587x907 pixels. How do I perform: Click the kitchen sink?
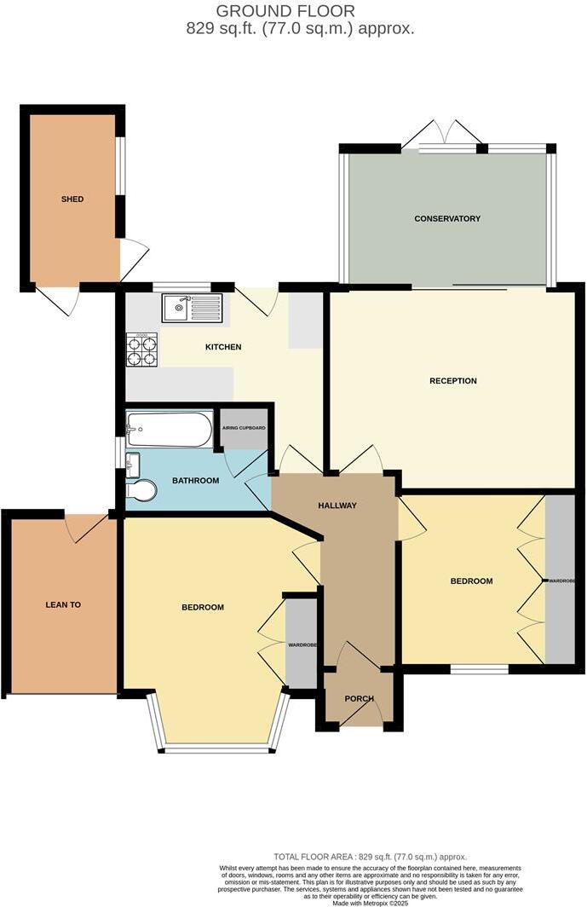coord(192,308)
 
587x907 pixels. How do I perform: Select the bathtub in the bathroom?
coord(169,429)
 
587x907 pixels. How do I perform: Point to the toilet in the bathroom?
coord(141,492)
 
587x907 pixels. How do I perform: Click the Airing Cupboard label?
coord(244,428)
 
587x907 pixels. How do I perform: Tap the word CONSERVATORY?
coord(447,219)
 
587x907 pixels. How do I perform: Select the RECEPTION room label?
coord(452,381)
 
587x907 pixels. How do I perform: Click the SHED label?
coord(72,199)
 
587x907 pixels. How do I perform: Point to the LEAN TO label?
coord(63,604)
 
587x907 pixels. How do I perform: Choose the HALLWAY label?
coord(337,505)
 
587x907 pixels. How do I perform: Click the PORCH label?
coord(359,699)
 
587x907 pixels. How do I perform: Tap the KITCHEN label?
coord(223,347)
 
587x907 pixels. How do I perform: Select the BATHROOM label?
coord(195,481)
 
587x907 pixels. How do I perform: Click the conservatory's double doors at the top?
coord(442,135)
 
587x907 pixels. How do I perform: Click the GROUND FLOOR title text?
coord(285,11)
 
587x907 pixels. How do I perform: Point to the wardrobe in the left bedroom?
coord(301,644)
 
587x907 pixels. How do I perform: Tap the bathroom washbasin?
coord(132,465)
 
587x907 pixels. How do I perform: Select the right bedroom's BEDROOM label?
coord(471,581)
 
